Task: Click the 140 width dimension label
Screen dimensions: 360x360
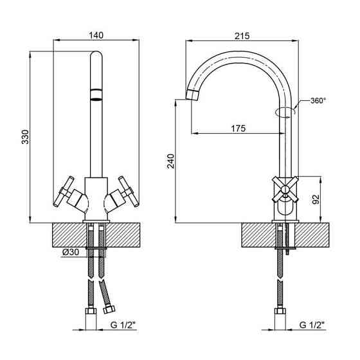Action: [x=96, y=35]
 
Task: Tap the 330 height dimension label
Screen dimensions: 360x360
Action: [x=26, y=137]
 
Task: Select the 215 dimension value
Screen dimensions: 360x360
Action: [x=242, y=36]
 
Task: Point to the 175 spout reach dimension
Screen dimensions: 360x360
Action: [x=238, y=129]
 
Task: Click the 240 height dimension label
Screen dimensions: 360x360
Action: [x=171, y=161]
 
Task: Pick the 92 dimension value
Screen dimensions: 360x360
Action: [x=316, y=199]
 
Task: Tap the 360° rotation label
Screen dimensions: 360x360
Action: [x=318, y=100]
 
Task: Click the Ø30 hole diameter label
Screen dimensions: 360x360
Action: [x=71, y=252]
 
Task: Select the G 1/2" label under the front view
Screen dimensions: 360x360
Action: [x=123, y=325]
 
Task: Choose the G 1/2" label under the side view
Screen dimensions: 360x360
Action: [x=312, y=325]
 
